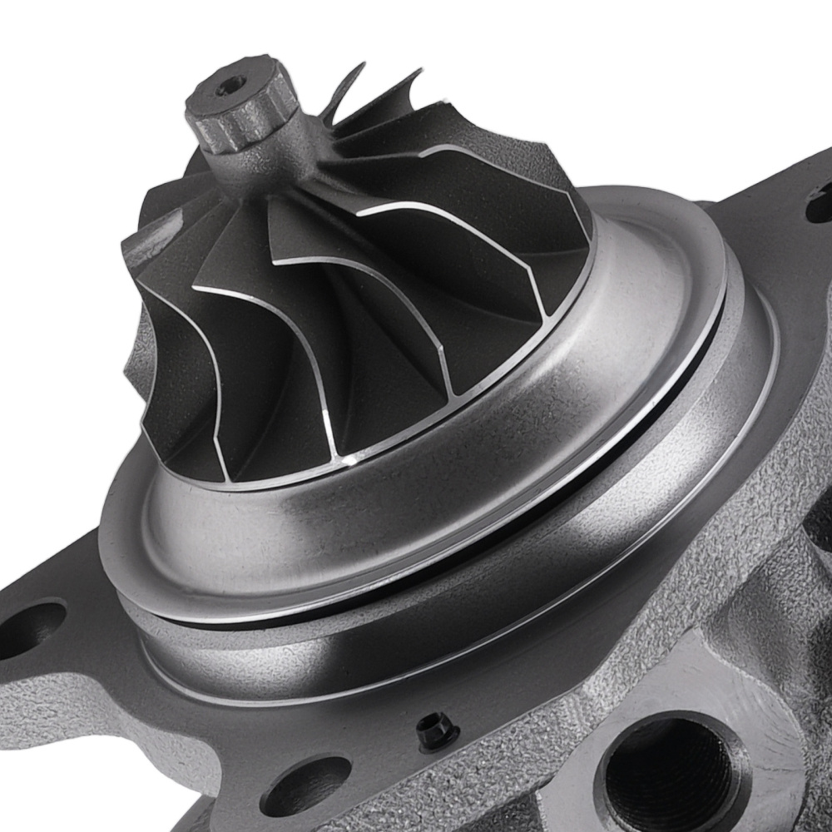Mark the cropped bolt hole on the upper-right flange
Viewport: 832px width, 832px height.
coord(820,204)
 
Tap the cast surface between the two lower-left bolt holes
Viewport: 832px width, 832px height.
coord(166,732)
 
